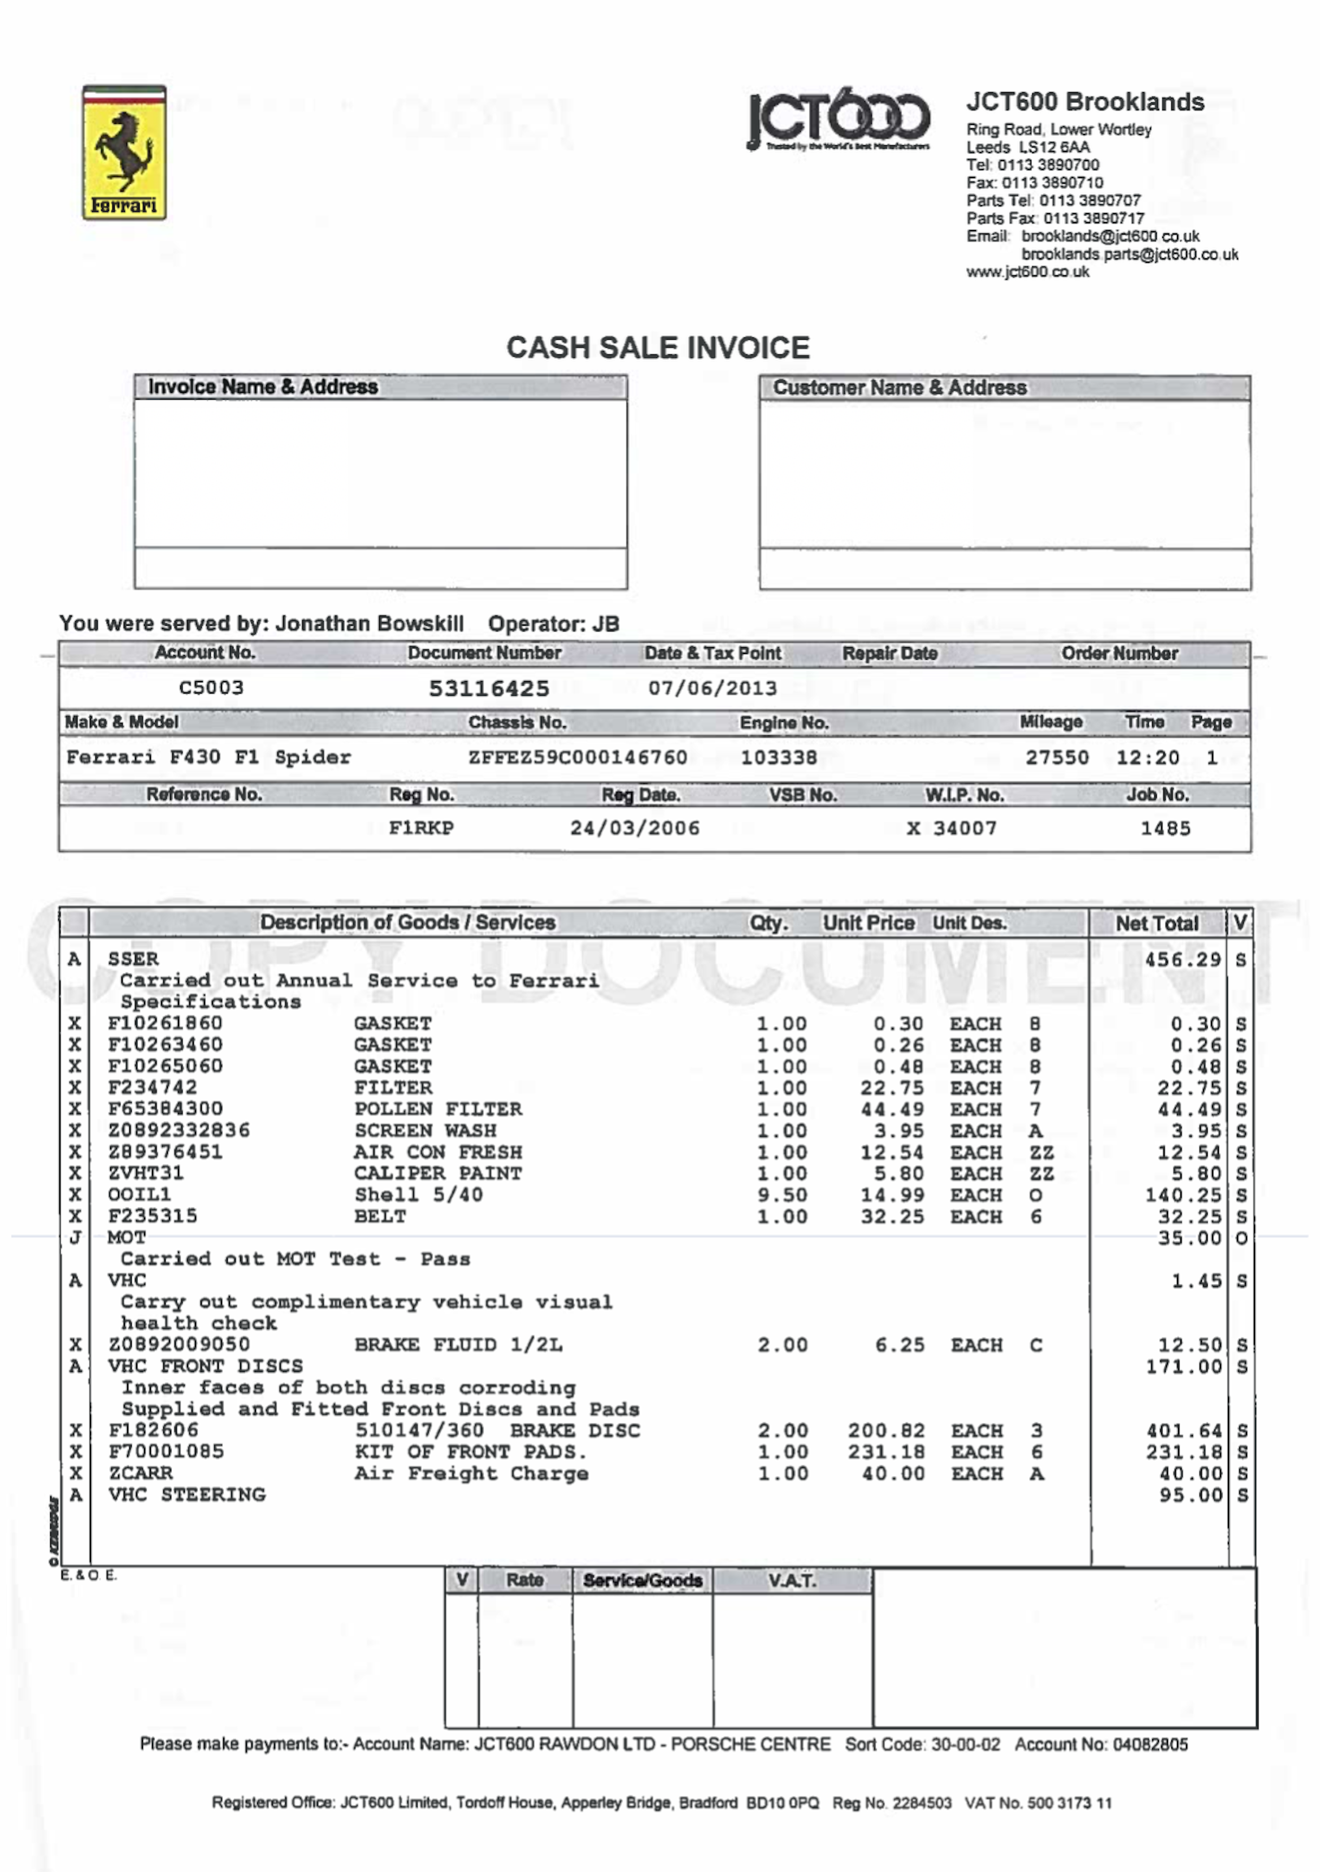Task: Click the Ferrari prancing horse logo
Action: coord(124,153)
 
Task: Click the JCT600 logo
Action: coord(838,119)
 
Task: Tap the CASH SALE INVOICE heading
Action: coord(658,348)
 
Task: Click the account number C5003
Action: coord(211,687)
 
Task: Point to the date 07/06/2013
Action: coord(713,688)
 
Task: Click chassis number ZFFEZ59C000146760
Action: coord(577,757)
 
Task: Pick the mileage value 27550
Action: coord(1057,757)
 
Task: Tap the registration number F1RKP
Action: coord(421,829)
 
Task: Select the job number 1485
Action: coord(1165,829)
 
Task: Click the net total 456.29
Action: coord(1182,960)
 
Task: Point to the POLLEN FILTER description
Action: coord(438,1109)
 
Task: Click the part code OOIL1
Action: coord(140,1194)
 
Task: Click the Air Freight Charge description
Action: coord(471,1474)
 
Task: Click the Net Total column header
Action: coord(1157,923)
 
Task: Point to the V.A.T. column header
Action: coord(792,1580)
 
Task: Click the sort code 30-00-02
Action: coord(965,1744)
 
